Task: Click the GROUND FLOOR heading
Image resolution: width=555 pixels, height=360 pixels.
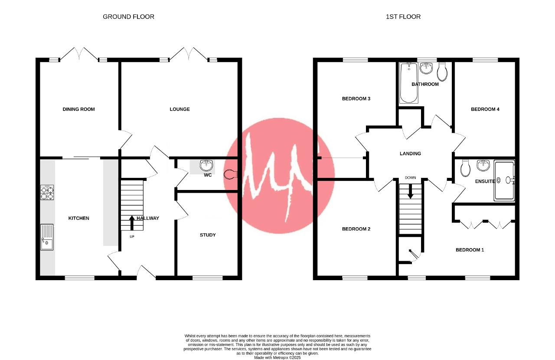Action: (128, 16)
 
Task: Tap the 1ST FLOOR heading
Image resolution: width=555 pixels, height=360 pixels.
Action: (403, 16)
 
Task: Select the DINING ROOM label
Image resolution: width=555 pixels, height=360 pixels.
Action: (78, 109)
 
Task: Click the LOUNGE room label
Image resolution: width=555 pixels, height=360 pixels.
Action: (180, 109)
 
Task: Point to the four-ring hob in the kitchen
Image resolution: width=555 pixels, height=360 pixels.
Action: (47, 193)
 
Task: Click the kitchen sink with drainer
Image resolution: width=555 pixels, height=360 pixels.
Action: (47, 237)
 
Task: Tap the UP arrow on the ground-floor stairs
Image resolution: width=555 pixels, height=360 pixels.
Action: (132, 223)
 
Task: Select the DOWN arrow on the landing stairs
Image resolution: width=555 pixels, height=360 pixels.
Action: (410, 191)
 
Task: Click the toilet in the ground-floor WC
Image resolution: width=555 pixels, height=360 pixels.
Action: (230, 174)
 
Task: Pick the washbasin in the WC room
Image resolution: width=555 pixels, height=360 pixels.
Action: (206, 165)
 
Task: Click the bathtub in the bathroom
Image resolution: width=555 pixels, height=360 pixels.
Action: (409, 83)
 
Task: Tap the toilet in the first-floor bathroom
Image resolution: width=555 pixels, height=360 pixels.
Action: (443, 72)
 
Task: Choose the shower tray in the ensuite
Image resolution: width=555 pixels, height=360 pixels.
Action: (504, 180)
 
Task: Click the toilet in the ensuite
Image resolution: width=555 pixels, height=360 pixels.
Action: (465, 168)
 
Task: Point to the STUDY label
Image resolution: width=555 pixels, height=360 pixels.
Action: (208, 235)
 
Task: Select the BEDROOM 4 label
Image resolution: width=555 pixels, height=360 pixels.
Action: (485, 109)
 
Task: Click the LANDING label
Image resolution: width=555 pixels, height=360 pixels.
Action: (410, 154)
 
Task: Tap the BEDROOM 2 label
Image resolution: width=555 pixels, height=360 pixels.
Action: (356, 229)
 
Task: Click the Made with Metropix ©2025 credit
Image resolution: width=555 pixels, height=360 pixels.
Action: (277, 357)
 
